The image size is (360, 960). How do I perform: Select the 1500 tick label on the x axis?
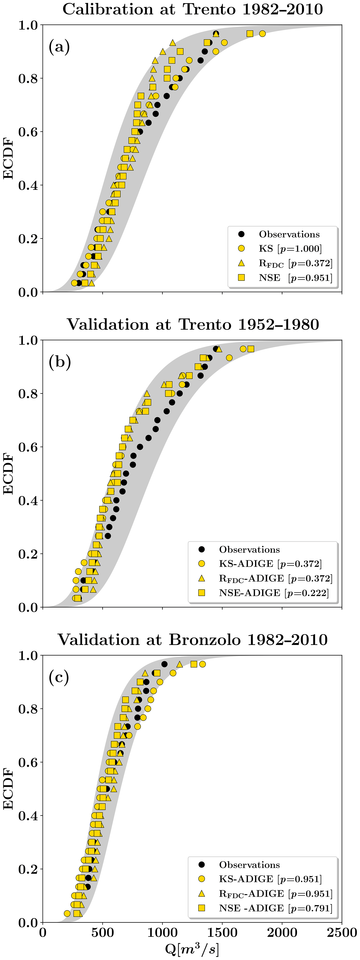point(222,933)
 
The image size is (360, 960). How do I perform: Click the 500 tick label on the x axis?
point(102,933)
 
